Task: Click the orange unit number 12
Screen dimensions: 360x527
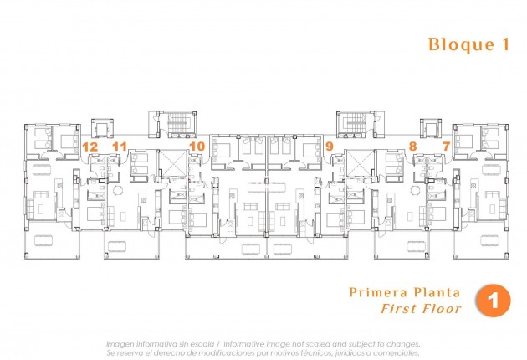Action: tap(91, 147)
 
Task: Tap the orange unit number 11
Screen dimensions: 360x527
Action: tap(120, 147)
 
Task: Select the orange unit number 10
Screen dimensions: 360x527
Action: tap(197, 147)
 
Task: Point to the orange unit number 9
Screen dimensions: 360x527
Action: tap(329, 147)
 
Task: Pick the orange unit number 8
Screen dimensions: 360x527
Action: tap(412, 147)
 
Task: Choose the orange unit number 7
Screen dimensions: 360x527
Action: tap(446, 147)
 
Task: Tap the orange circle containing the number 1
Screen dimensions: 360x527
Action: tap(492, 301)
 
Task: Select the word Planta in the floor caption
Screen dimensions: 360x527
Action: tap(436, 292)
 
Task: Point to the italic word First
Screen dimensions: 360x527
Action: tap(398, 309)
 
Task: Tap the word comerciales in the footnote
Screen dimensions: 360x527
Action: tap(397, 353)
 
